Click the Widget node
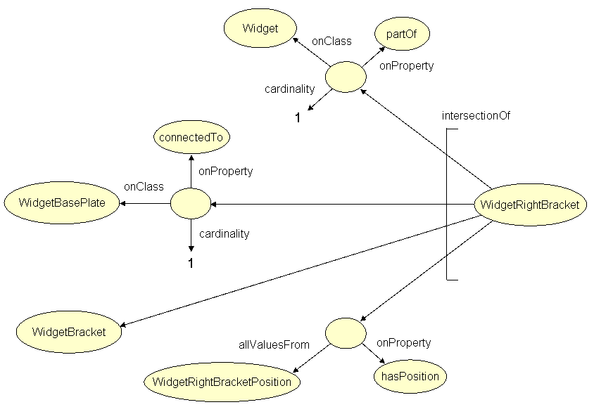click(x=260, y=29)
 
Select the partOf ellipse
click(x=403, y=33)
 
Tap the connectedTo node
click(x=191, y=137)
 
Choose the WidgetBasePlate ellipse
click(x=62, y=204)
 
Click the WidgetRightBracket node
click(x=529, y=205)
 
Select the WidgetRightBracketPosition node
click(x=222, y=382)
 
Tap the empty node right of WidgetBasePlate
click(x=191, y=205)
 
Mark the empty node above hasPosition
click(x=346, y=332)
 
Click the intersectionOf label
click(x=475, y=116)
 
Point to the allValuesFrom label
click(x=274, y=344)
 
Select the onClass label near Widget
click(x=331, y=41)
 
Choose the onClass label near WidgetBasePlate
click(x=144, y=187)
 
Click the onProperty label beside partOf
click(x=406, y=66)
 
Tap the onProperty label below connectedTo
click(x=225, y=171)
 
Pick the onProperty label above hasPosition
click(x=403, y=343)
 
